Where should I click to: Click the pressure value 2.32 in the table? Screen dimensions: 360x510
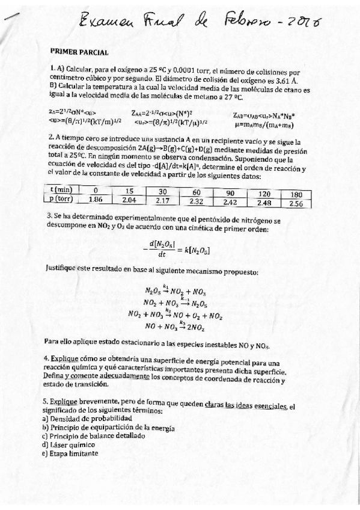click(196, 201)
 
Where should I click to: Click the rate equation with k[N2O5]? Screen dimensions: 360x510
click(180, 248)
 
